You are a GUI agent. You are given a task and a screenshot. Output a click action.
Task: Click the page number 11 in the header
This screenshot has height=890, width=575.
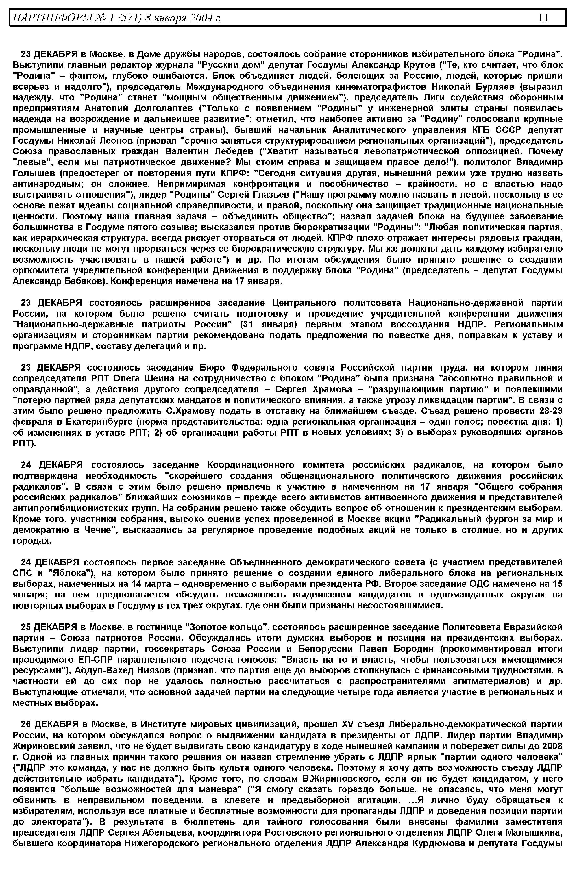pyautogui.click(x=544, y=18)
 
